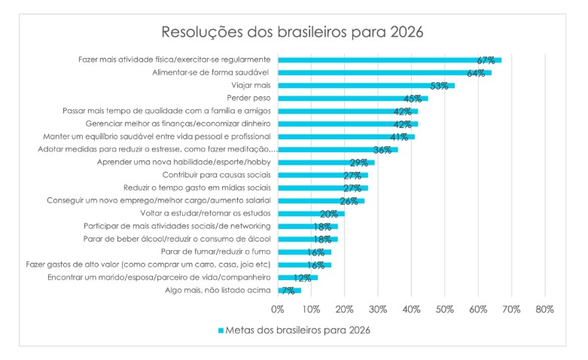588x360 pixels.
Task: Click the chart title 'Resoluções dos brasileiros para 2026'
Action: pos(293,32)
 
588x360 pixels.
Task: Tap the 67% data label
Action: pos(486,59)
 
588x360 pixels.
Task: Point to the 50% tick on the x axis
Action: pos(445,309)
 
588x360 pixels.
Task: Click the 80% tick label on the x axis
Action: pos(545,309)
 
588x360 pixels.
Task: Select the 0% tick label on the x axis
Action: pos(278,309)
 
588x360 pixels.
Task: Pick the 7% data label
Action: pos(288,290)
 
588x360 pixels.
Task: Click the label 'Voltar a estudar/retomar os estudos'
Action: pos(206,213)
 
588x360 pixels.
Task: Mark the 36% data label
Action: pos(382,150)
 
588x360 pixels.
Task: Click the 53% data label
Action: pos(439,85)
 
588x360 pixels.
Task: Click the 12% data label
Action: pos(303,277)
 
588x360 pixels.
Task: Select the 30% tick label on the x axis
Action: pos(378,309)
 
